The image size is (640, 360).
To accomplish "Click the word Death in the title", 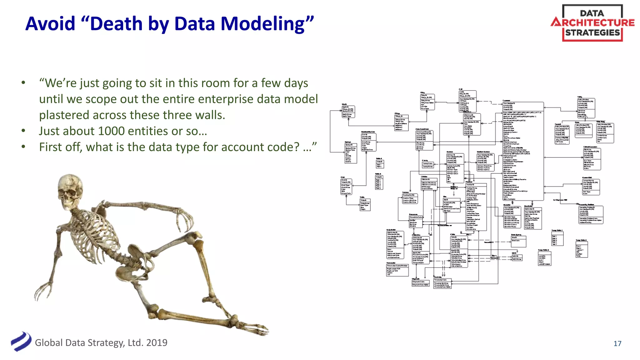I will pos(116,24).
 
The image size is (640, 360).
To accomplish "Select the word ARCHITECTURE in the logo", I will pos(592,22).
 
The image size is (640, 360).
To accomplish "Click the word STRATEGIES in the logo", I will pos(592,33).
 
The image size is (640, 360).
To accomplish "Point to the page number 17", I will pos(617,343).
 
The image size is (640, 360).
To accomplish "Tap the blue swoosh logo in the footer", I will pos(21,342).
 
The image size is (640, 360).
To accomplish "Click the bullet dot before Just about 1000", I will pos(23,131).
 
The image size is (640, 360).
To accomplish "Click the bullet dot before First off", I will pos(23,147).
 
